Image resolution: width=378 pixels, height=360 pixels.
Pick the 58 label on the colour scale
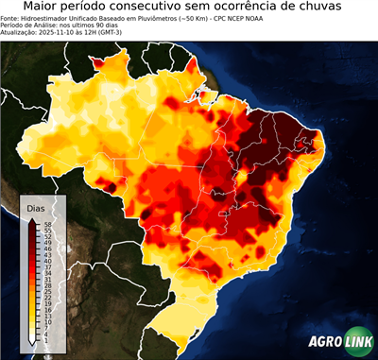coord(46,224)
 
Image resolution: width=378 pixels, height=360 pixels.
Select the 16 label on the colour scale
coord(46,310)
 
